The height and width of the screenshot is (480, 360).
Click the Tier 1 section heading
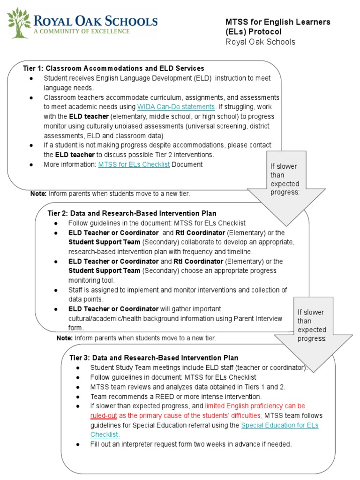tap(113, 68)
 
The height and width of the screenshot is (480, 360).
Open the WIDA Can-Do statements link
tap(176, 106)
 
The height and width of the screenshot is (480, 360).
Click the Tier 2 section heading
tap(132, 213)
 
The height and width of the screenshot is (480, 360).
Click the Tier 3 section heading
tap(154, 358)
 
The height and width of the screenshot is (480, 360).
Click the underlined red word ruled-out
tap(104, 415)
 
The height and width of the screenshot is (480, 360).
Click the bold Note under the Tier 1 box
tap(38, 193)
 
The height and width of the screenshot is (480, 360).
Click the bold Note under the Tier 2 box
tap(65, 337)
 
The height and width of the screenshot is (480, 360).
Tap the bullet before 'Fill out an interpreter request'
tap(78, 444)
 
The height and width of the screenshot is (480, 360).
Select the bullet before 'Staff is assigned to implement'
tap(56, 290)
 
